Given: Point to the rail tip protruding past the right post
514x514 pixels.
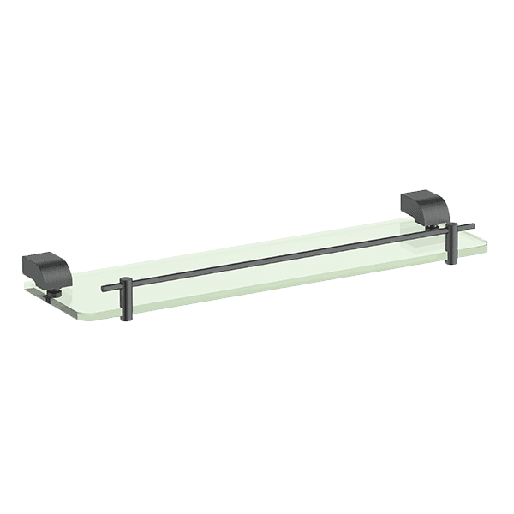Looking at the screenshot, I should click(x=470, y=226).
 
